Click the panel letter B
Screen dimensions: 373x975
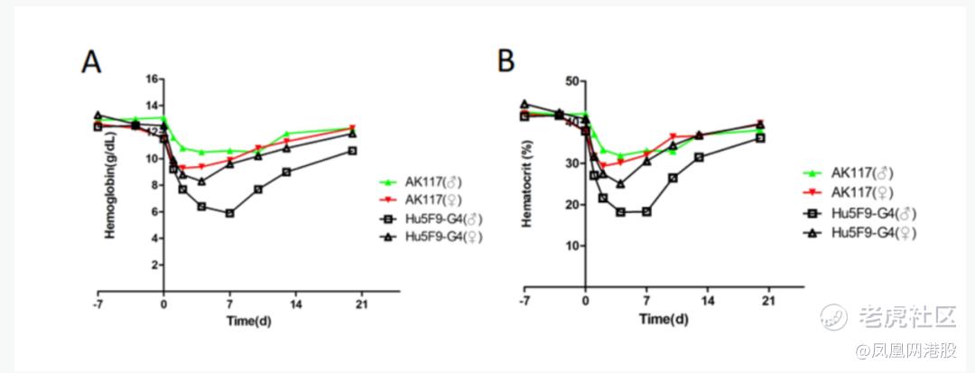point(507,62)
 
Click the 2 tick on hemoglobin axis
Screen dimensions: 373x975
point(154,266)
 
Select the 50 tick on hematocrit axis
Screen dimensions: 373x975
point(570,81)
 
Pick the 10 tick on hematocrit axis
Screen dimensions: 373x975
point(570,246)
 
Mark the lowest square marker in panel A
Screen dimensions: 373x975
point(230,213)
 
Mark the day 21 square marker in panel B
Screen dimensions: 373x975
point(760,137)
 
